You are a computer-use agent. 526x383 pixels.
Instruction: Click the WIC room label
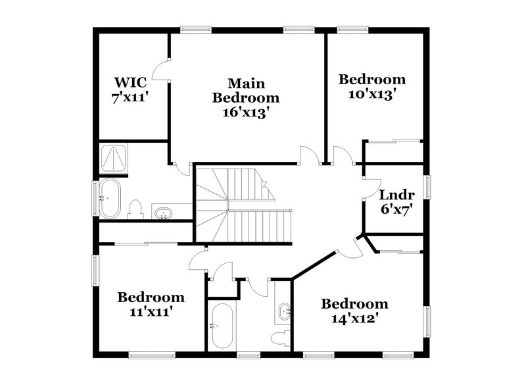tap(130, 83)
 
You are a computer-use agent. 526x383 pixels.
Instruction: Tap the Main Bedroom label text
tap(246, 91)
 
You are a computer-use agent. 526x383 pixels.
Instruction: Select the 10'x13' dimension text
tap(372, 94)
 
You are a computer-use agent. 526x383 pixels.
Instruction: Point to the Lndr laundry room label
tap(396, 195)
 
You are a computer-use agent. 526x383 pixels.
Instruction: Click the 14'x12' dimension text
tap(354, 319)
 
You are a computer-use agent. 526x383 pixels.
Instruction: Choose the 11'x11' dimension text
tap(151, 313)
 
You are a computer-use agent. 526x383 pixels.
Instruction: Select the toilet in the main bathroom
tap(136, 209)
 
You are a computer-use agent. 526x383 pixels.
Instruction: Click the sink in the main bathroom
tap(162, 212)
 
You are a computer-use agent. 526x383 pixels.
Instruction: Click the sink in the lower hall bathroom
tap(284, 311)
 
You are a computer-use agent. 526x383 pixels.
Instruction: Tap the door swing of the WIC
tap(161, 70)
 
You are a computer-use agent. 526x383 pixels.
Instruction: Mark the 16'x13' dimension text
tap(246, 112)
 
